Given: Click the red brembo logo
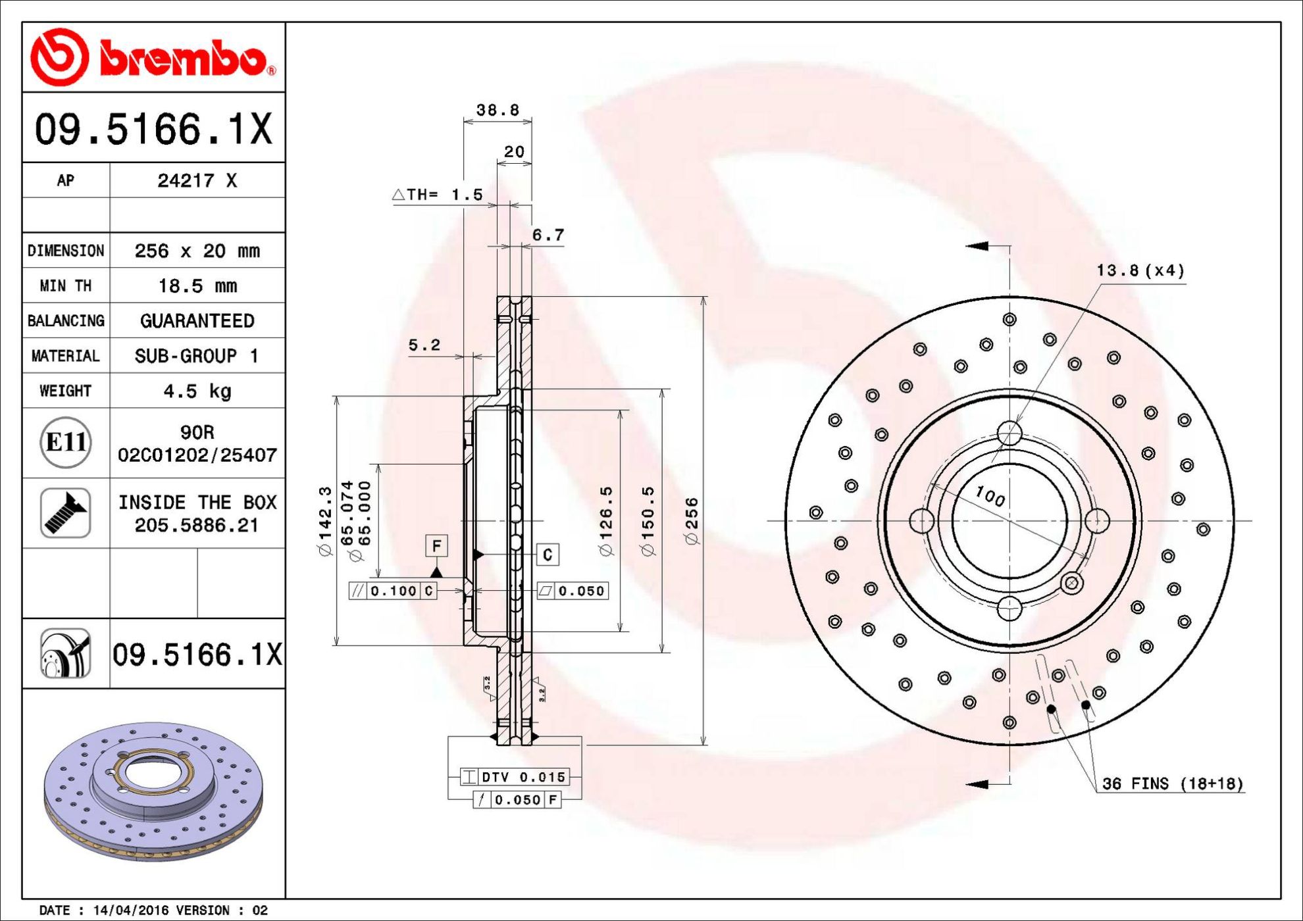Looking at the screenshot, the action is tap(153, 57).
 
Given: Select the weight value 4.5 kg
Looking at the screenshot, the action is tap(197, 391).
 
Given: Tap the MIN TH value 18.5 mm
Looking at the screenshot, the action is tap(197, 286).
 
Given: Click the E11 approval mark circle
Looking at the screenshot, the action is tap(66, 442).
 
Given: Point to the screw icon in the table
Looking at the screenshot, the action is tap(66, 513).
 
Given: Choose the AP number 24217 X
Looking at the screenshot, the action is tap(197, 180).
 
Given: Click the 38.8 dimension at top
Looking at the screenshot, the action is tap(498, 110).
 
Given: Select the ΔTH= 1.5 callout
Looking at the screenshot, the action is tap(438, 195).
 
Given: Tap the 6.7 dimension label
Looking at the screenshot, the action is tap(548, 235).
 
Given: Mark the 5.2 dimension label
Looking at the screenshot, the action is tap(424, 345).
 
